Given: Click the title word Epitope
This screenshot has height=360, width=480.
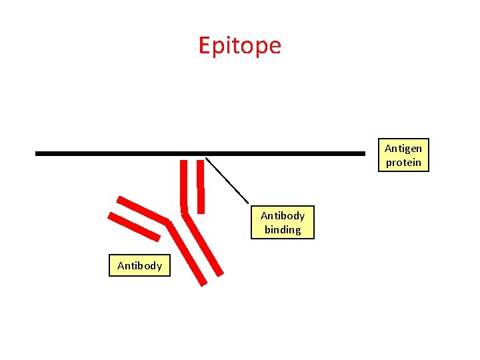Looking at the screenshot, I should [x=240, y=45].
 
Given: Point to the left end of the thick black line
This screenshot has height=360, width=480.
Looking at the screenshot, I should [x=37, y=153].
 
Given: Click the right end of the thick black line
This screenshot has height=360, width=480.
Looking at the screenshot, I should [x=363, y=153].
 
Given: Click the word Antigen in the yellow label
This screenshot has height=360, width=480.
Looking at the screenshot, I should [x=403, y=149].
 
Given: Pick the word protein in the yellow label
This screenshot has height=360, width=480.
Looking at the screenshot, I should [x=403, y=163].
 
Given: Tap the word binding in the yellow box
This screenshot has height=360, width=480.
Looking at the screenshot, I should [x=283, y=230].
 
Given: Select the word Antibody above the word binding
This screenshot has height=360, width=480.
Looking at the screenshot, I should [x=283, y=215].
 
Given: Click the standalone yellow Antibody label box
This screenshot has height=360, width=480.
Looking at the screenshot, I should [x=140, y=265].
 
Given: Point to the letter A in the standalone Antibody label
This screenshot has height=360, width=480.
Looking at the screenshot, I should [x=121, y=265].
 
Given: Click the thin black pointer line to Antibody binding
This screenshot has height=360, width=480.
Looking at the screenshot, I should [x=227, y=180].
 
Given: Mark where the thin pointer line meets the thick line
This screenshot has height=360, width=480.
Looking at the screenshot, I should [x=205, y=157].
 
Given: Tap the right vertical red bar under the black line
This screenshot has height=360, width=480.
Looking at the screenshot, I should [x=201, y=187].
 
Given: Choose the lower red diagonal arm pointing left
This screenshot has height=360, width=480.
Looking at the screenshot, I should [x=134, y=227].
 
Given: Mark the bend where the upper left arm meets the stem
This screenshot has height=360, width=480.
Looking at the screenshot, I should [x=168, y=220].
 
